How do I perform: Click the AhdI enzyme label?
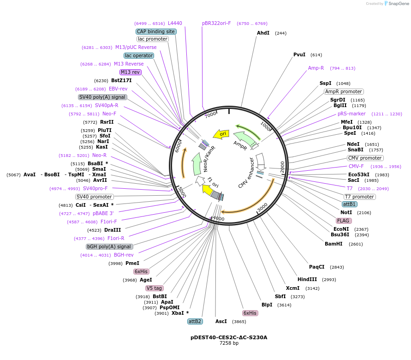pos(263,33)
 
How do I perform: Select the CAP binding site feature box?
pos(156,31)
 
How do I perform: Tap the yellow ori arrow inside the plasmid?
pos(222,134)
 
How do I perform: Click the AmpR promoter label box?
pos(344,91)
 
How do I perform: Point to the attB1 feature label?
pos(349,204)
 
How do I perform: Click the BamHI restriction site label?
pos(334,244)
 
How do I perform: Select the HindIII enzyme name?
pos(307,280)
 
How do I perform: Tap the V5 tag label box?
pos(154,288)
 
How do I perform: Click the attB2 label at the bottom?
pos(195,321)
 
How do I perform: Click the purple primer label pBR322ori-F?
pos(216,23)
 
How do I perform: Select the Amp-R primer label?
pos(316,68)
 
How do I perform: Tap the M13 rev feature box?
pos(131,72)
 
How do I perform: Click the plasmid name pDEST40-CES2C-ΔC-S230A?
pos(229,337)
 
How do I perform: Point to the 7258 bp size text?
pos(229,343)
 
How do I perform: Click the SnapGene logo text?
pos(396,4)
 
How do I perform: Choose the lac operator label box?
pos(139,55)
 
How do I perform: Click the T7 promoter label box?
pos(360,197)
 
